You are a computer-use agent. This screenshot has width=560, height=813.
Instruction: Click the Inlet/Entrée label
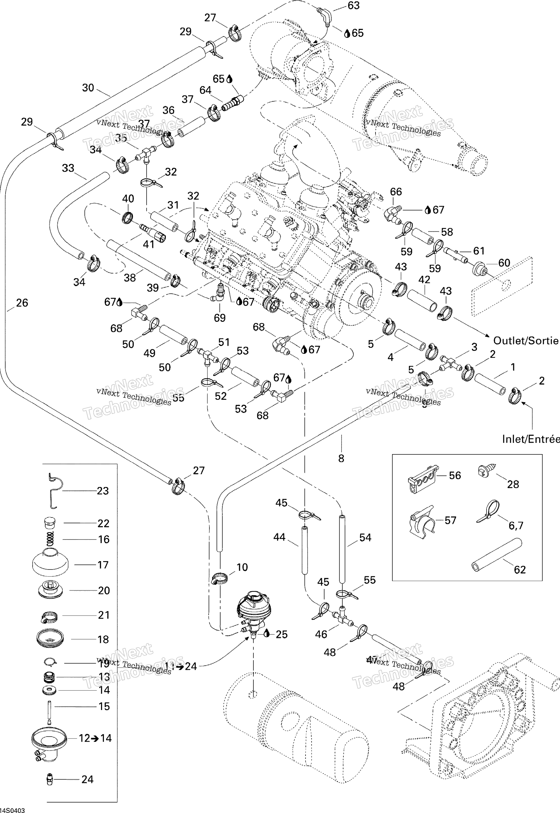click(530, 439)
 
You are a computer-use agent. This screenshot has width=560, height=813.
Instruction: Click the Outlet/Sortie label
click(525, 340)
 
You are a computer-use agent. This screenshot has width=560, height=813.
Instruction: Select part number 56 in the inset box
click(422, 478)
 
